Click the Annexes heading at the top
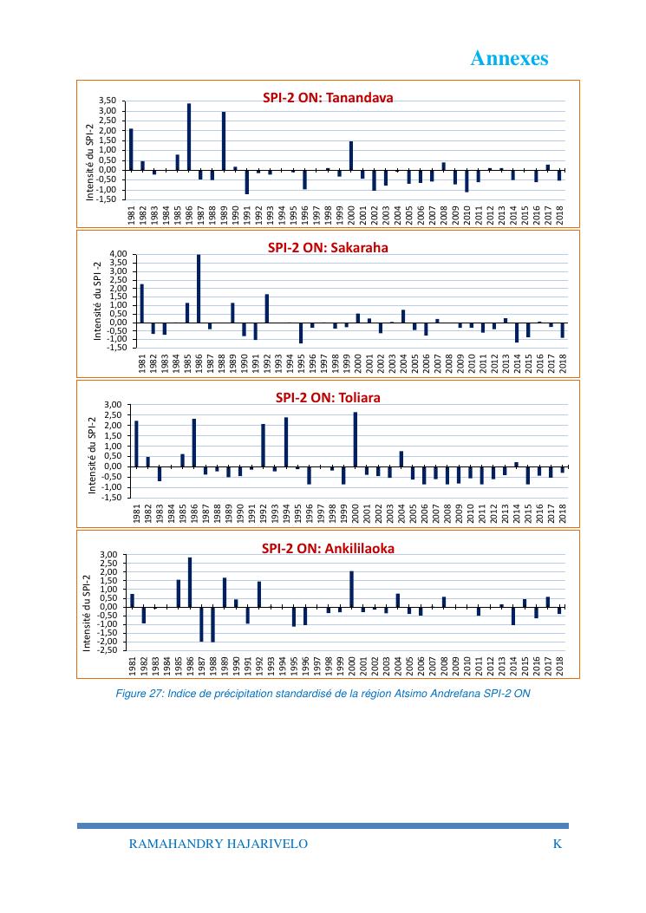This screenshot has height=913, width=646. point(509,58)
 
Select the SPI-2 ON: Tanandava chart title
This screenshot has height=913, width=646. point(328,98)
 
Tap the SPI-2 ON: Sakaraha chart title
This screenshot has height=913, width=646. point(328,247)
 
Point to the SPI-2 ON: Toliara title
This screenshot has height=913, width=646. point(328,398)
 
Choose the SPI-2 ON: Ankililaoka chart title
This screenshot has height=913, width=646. point(328,548)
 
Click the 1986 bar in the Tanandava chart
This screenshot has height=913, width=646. point(189,136)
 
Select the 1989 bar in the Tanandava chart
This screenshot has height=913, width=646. point(224,140)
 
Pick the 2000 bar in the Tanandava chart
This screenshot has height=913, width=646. point(351,155)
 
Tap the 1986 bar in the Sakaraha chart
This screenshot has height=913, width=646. point(199,288)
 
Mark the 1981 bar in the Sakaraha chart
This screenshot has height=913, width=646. point(142,303)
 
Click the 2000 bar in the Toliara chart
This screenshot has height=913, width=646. point(355,439)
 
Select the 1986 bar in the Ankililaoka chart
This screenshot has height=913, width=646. point(190,582)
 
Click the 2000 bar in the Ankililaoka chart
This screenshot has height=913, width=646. point(351,588)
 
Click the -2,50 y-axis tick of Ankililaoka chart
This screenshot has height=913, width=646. point(107,650)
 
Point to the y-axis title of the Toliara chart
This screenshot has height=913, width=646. point(93,454)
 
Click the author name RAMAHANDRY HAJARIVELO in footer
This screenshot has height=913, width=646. point(218,844)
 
